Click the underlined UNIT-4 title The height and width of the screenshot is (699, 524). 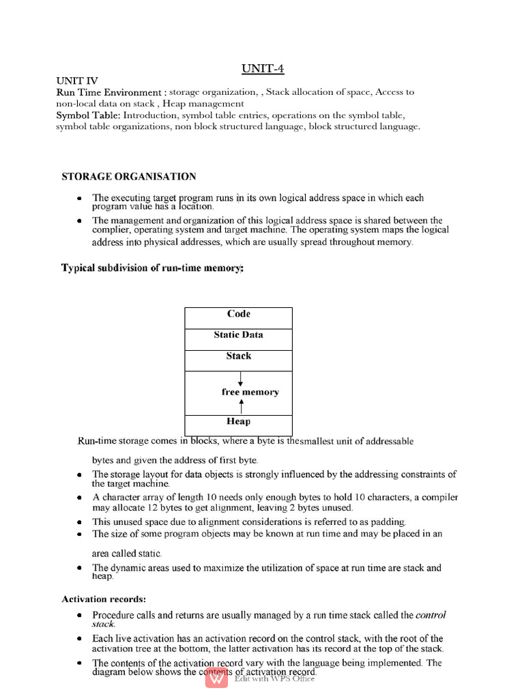tap(263, 69)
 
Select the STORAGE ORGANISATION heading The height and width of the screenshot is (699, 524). tap(129, 177)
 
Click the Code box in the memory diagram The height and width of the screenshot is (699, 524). tap(238, 314)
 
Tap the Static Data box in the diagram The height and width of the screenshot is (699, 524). tap(238, 335)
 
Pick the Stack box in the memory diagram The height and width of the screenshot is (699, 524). tap(238, 356)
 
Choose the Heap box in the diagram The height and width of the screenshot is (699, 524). tap(238, 422)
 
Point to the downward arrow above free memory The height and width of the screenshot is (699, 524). tap(241, 380)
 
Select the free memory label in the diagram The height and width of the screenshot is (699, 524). tap(250, 393)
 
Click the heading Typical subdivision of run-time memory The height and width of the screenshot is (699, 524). tap(152, 268)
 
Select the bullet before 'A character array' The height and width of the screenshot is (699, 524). tap(79, 498)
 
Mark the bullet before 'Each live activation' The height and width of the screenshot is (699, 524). tap(79, 639)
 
